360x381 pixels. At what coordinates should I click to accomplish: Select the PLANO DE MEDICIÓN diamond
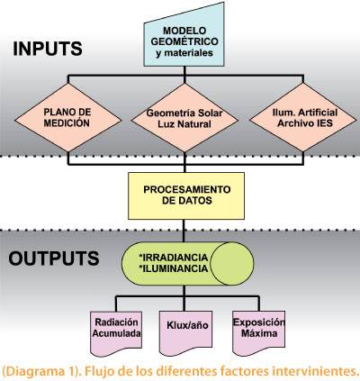click(68, 118)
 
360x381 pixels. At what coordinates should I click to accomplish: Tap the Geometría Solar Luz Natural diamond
click(184, 118)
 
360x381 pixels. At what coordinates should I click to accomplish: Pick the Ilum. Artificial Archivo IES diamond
click(303, 117)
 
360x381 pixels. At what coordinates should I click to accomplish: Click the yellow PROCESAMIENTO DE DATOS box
click(186, 195)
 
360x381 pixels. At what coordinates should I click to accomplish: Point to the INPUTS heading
click(48, 49)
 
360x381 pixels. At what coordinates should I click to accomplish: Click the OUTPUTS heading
click(54, 259)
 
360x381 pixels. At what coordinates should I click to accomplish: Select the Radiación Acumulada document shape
click(116, 332)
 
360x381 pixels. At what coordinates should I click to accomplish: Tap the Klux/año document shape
click(185, 332)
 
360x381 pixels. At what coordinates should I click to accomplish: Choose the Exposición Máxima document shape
click(258, 332)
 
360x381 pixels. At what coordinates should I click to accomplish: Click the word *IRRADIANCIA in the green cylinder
click(174, 258)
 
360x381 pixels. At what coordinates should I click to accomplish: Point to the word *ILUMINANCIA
click(174, 268)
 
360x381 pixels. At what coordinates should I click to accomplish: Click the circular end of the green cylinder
click(232, 263)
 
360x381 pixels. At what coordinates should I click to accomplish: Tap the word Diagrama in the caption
click(35, 372)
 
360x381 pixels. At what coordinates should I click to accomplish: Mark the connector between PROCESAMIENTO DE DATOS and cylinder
click(184, 231)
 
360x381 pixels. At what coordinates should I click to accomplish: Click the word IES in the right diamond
click(324, 123)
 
